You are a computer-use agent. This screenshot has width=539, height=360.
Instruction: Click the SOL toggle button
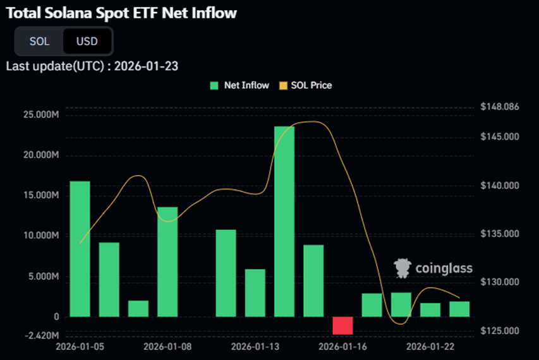click(39, 42)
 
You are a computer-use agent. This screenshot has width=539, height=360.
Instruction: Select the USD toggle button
click(87, 42)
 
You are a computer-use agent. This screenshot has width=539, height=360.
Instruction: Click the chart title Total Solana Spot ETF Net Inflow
click(121, 13)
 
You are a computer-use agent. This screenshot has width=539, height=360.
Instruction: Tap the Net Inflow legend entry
click(240, 85)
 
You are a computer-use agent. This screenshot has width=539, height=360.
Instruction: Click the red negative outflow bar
click(342, 325)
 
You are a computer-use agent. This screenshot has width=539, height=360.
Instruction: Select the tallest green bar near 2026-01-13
click(284, 221)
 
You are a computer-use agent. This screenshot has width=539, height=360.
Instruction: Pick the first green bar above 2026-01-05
click(80, 249)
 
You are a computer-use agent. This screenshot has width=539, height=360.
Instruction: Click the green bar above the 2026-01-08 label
click(167, 261)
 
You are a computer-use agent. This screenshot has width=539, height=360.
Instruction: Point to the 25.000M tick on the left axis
click(40, 115)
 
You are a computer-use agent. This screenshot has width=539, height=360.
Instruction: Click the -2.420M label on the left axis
click(40, 335)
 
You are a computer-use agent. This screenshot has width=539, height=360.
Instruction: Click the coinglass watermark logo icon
click(403, 268)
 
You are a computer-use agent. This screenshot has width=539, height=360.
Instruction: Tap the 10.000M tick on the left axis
click(40, 236)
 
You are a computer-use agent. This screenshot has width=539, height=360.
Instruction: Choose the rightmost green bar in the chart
click(459, 309)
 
